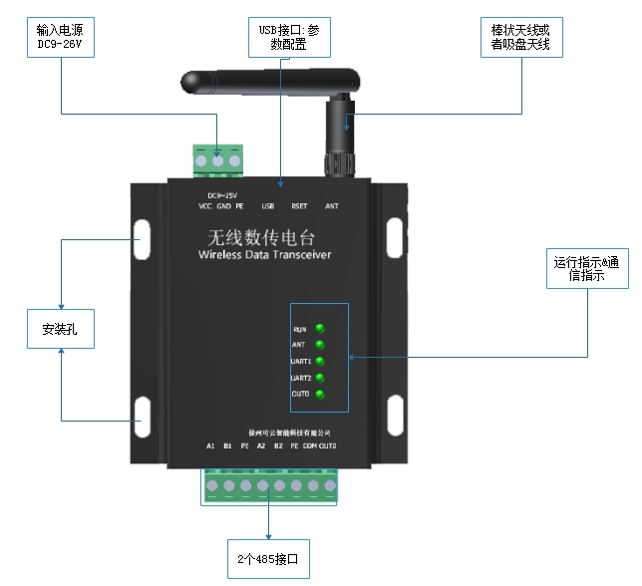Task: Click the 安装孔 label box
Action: click(x=61, y=328)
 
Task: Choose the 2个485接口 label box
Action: click(x=268, y=559)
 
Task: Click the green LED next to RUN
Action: click(x=320, y=328)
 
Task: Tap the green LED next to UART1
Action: click(x=320, y=361)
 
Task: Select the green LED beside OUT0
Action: click(x=320, y=395)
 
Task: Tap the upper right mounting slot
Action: click(x=396, y=235)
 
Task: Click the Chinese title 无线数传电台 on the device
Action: click(x=264, y=238)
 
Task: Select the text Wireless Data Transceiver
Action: click(x=265, y=256)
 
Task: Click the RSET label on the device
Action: click(x=299, y=206)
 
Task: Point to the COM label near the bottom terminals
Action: click(x=310, y=445)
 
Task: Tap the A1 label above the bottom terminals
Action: click(x=210, y=445)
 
